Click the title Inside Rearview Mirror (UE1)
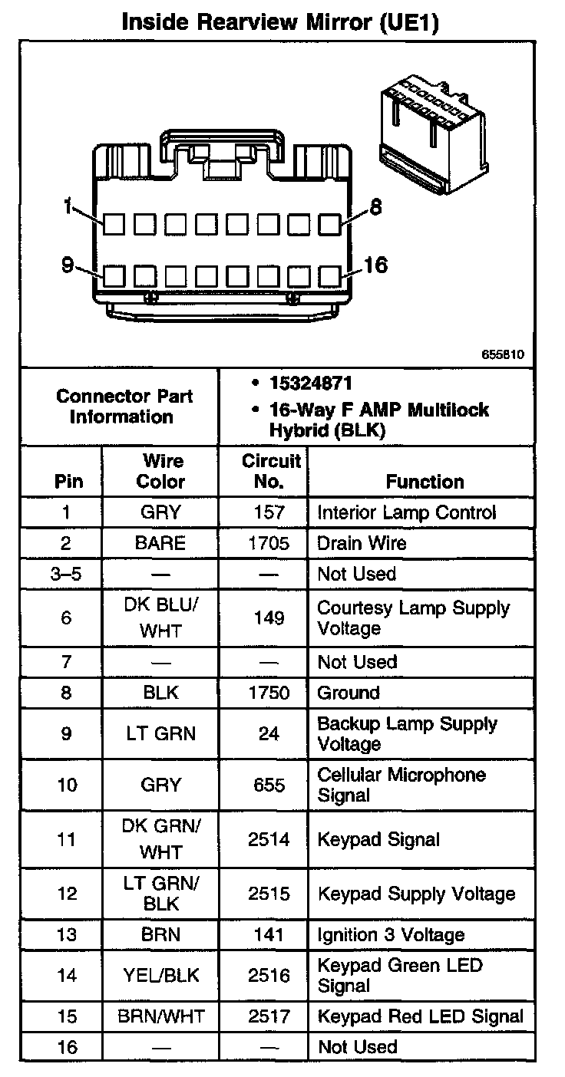tap(282, 22)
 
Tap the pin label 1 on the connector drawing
tap(68, 207)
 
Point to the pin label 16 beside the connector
tap(375, 265)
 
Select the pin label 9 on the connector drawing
tap(68, 265)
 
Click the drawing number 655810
tap(503, 355)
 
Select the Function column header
tap(425, 482)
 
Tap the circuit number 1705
tap(269, 543)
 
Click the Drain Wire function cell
tap(362, 543)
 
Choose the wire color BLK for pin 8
tap(160, 693)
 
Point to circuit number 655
tap(269, 785)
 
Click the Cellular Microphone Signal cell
tap(401, 785)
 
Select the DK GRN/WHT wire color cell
tap(160, 839)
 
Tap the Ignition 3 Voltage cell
tap(391, 935)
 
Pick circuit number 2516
tap(269, 975)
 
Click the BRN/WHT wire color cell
tap(160, 1016)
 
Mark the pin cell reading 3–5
tap(65, 574)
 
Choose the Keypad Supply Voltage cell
tap(416, 894)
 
